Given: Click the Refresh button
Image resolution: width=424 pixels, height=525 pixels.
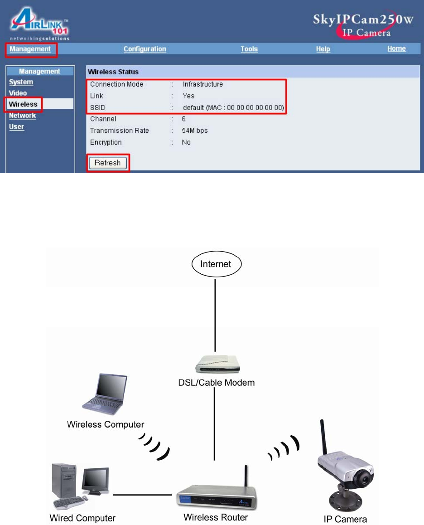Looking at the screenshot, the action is pyautogui.click(x=107, y=163).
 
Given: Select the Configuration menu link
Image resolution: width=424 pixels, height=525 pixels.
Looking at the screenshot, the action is pyautogui.click(x=145, y=49).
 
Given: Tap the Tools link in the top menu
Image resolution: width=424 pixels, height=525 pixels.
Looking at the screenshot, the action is pyautogui.click(x=249, y=49).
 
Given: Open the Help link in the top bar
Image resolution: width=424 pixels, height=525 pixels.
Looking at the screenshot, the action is pyautogui.click(x=323, y=49).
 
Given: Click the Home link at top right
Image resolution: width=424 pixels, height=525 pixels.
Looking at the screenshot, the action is pyautogui.click(x=396, y=49).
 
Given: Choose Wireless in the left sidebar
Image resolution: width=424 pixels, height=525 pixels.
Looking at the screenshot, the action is pyautogui.click(x=23, y=104).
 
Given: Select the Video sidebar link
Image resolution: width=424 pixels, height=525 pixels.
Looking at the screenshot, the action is pyautogui.click(x=18, y=93).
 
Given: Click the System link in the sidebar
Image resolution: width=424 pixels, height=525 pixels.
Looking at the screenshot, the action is pyautogui.click(x=21, y=82).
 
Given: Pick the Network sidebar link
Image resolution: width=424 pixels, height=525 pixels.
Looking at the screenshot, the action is pyautogui.click(x=22, y=116).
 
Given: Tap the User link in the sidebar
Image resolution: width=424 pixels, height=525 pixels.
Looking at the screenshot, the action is pyautogui.click(x=16, y=126).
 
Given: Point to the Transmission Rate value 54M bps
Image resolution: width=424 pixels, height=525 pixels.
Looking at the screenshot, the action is pyautogui.click(x=195, y=131).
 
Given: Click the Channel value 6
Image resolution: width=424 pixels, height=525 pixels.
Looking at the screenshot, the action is pyautogui.click(x=184, y=119).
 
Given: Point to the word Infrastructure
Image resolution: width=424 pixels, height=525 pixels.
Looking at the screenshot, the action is pyautogui.click(x=202, y=84).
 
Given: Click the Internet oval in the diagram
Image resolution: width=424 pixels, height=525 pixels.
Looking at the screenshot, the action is pyautogui.click(x=216, y=264).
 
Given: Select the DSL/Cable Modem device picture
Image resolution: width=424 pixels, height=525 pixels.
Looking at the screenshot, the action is pyautogui.click(x=214, y=363).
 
